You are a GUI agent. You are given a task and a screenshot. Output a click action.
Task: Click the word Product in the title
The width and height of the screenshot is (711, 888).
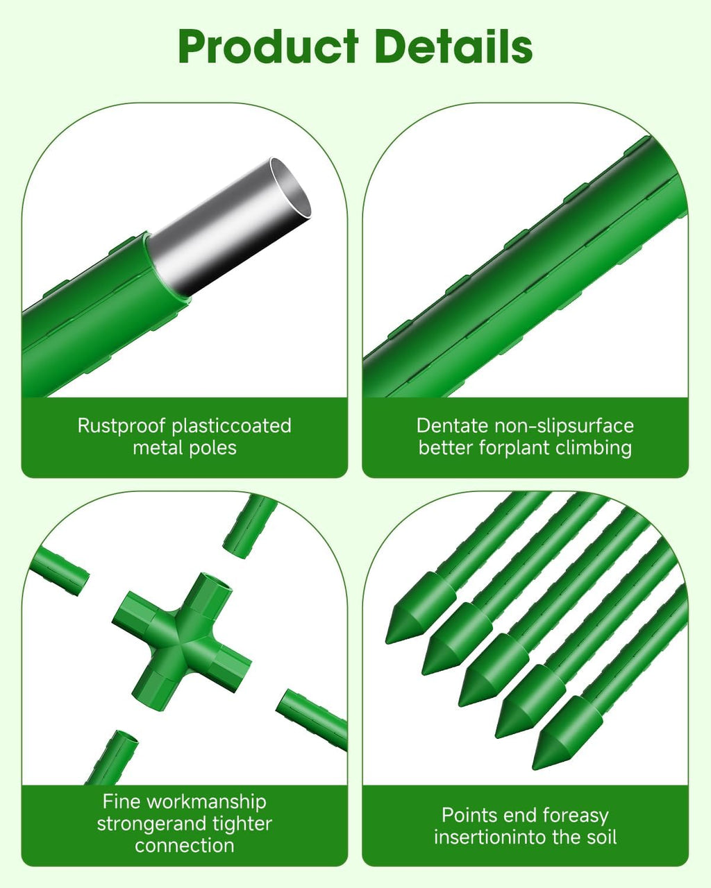tap(268, 46)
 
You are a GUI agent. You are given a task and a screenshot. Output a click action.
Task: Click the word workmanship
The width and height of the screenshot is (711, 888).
tap(207, 802)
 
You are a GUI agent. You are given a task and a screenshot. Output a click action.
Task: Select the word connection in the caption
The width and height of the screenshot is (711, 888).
tap(184, 846)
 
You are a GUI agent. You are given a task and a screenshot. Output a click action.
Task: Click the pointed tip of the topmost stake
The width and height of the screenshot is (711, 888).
tap(387, 642)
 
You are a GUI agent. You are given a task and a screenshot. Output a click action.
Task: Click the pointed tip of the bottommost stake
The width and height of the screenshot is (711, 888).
tap(534, 769)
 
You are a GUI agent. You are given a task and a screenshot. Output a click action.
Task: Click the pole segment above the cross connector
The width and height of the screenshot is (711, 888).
tap(249, 527)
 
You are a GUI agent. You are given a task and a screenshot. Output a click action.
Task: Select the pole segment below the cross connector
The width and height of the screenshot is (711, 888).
tap(112, 758)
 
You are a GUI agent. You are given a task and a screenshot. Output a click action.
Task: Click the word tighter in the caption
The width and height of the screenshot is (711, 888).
tap(242, 823)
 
